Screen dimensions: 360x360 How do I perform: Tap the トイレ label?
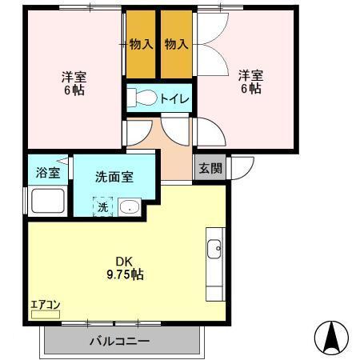[x=174, y=99]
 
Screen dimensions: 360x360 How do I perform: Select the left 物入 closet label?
[x=141, y=44]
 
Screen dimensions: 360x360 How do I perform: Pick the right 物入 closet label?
[x=176, y=44]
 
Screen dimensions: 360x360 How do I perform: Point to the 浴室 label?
[x=47, y=172]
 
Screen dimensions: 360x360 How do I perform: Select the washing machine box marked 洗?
[x=102, y=207]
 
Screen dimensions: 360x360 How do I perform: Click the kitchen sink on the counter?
[x=214, y=250]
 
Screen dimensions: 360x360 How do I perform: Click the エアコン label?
[x=45, y=304]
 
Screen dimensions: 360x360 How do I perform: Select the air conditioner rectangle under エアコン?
[x=45, y=315]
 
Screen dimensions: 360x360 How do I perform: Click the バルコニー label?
[x=120, y=342]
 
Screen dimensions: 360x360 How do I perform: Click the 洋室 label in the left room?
[x=74, y=77]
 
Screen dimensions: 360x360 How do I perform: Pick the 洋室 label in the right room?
[x=250, y=75]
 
